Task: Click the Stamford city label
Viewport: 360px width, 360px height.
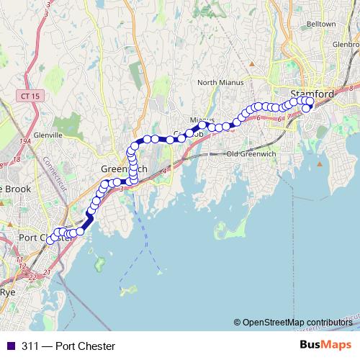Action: point(312,94)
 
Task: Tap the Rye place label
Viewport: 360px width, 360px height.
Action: point(7,292)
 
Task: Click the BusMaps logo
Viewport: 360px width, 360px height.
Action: point(326,346)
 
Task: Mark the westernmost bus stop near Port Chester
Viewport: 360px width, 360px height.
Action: point(51,240)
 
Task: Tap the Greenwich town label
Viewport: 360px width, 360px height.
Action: point(124,168)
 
